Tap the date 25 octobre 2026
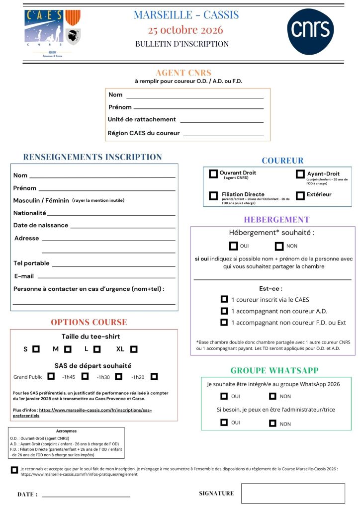click(x=185, y=30)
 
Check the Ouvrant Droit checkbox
click(x=213, y=174)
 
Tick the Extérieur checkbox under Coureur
click(x=300, y=196)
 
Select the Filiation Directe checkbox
click(x=213, y=196)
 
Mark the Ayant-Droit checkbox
click(x=300, y=174)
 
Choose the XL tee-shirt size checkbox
click(x=134, y=349)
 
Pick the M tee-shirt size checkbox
click(x=68, y=349)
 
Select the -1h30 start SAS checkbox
click(x=118, y=376)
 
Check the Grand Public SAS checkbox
click(x=51, y=376)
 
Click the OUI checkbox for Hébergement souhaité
click(x=233, y=246)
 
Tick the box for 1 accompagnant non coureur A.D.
click(x=224, y=311)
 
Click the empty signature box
click(x=293, y=493)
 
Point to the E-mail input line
click(x=106, y=276)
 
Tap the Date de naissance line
click(x=123, y=226)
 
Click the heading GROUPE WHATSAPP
click(x=274, y=370)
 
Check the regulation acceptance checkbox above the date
click(x=14, y=470)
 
